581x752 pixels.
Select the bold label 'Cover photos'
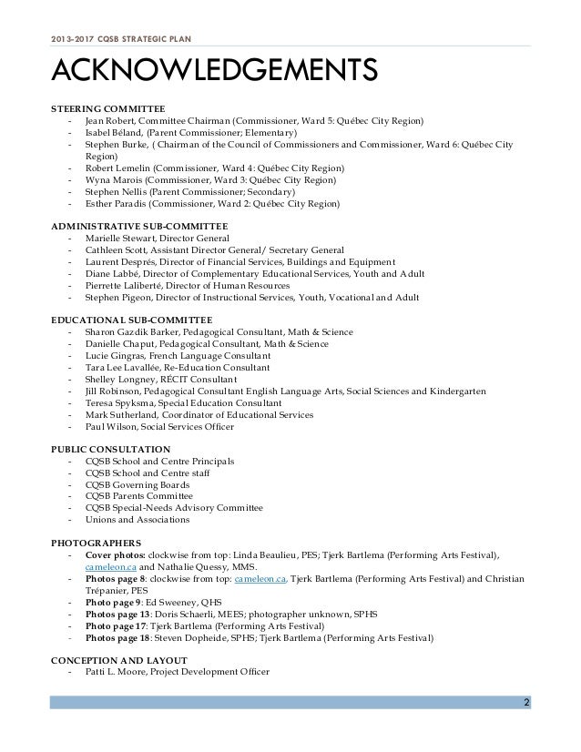(115, 554)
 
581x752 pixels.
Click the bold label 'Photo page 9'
(115, 602)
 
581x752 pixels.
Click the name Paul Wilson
(112, 426)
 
